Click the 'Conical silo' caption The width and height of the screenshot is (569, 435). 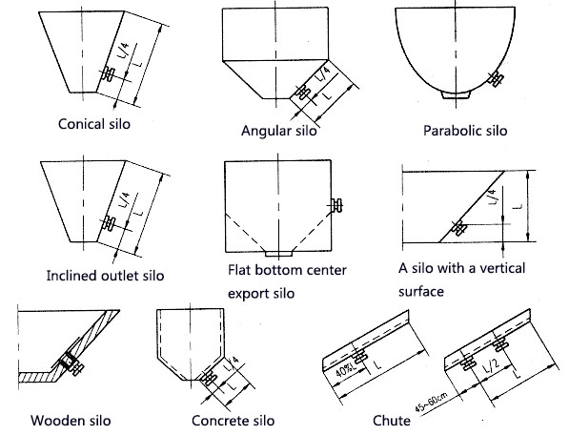click(94, 124)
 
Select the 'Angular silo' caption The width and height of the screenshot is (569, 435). click(278, 131)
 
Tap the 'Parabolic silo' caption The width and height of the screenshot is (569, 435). click(465, 131)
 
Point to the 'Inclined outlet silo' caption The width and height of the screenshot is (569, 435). click(105, 276)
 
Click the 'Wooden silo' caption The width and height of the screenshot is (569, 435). click(71, 421)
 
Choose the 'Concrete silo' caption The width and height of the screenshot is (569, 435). click(233, 421)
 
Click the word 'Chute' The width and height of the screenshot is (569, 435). click(392, 421)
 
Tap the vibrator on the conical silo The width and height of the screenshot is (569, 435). click(108, 73)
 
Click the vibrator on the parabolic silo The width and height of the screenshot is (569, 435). click(496, 78)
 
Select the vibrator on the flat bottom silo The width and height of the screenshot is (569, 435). click(337, 205)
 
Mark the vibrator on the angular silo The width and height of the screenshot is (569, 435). click(302, 93)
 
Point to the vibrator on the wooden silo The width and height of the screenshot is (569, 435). click(71, 363)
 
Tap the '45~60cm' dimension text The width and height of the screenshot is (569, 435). click(432, 403)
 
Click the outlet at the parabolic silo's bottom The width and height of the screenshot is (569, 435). click(456, 94)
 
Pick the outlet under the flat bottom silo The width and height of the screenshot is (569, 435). click(278, 254)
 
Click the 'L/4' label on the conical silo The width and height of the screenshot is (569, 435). click(123, 51)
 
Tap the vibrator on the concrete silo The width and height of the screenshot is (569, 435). click(209, 378)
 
